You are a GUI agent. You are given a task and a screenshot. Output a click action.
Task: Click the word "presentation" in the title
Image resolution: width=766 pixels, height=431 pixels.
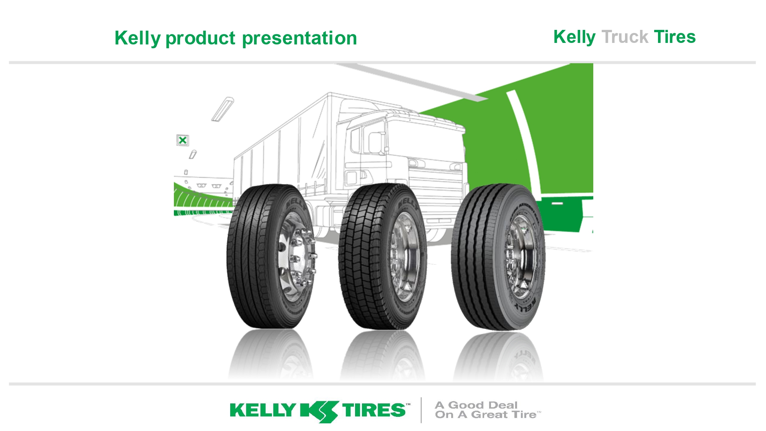[300, 38]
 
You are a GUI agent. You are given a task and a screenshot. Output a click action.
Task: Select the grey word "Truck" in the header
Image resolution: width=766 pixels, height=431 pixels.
[625, 37]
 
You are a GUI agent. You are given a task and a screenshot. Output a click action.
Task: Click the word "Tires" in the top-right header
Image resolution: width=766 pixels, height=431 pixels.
[674, 37]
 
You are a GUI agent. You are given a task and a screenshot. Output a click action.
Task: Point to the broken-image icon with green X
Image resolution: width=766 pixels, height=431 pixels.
[183, 140]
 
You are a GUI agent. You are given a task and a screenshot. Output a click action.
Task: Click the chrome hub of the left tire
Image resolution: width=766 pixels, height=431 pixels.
[295, 257]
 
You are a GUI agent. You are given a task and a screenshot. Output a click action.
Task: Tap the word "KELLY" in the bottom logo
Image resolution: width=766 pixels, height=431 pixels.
[263, 410]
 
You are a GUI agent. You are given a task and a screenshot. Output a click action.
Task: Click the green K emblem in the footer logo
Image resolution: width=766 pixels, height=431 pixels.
[319, 411]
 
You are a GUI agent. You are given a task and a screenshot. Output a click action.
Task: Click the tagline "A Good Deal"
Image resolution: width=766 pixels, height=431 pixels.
[476, 405]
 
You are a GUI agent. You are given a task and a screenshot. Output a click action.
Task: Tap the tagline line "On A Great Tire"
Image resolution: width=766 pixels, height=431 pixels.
[486, 415]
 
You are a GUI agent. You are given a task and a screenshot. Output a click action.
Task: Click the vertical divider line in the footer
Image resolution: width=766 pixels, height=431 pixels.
[421, 410]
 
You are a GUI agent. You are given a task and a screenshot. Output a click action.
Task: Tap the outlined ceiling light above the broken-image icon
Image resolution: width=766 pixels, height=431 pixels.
[223, 109]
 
